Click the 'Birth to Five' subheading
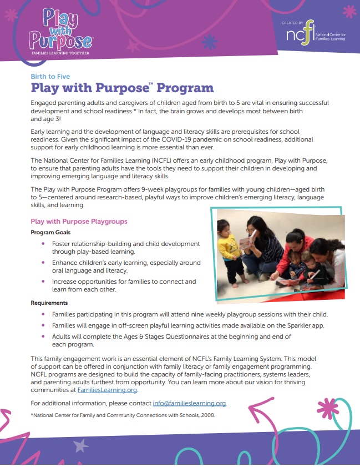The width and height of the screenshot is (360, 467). pos(50,77)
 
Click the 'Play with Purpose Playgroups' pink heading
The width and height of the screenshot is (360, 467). pos(79,221)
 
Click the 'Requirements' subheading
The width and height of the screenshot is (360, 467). pos(49,303)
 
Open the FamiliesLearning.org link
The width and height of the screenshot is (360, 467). pos(107,390)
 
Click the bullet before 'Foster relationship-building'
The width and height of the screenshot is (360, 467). pos(44,244)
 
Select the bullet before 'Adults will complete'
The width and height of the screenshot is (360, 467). pos(44,337)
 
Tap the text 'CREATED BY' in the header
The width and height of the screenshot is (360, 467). pos(292,23)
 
